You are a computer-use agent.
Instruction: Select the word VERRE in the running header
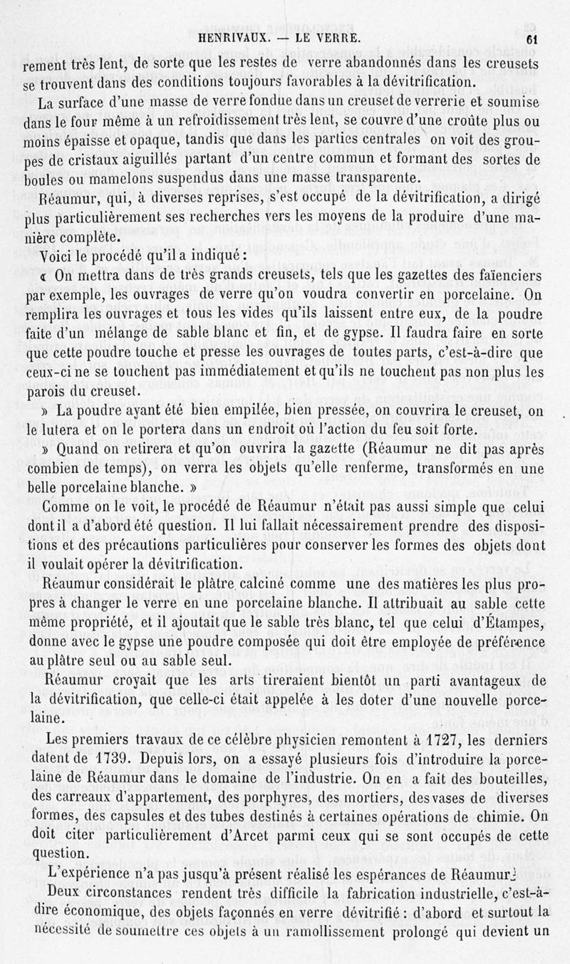(327, 37)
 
